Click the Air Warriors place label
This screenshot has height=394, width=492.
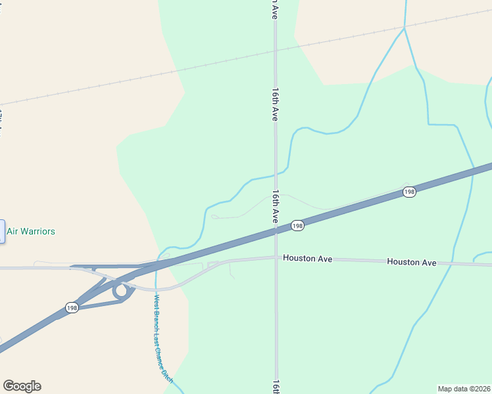coord(30,231)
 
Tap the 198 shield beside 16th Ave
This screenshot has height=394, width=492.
coord(297,225)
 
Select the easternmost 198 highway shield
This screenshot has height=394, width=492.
coord(409,192)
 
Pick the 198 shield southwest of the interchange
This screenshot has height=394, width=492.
coord(72,307)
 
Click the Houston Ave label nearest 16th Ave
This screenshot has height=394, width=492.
coord(307,259)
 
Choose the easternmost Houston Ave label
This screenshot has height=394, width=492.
coord(412,262)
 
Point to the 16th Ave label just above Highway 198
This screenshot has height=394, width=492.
coord(275,207)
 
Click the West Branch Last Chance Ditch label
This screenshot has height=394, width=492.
coord(162,339)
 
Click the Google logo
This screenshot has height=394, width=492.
coord(22,386)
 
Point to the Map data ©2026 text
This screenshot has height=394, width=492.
coord(464,388)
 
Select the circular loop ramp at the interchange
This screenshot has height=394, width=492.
coord(120,290)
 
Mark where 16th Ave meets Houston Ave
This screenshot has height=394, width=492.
coord(276,257)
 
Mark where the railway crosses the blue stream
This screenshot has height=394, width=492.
coord(403,28)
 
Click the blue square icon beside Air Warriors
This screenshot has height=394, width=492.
coord(1,231)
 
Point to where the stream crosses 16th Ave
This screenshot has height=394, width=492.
coord(276,174)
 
